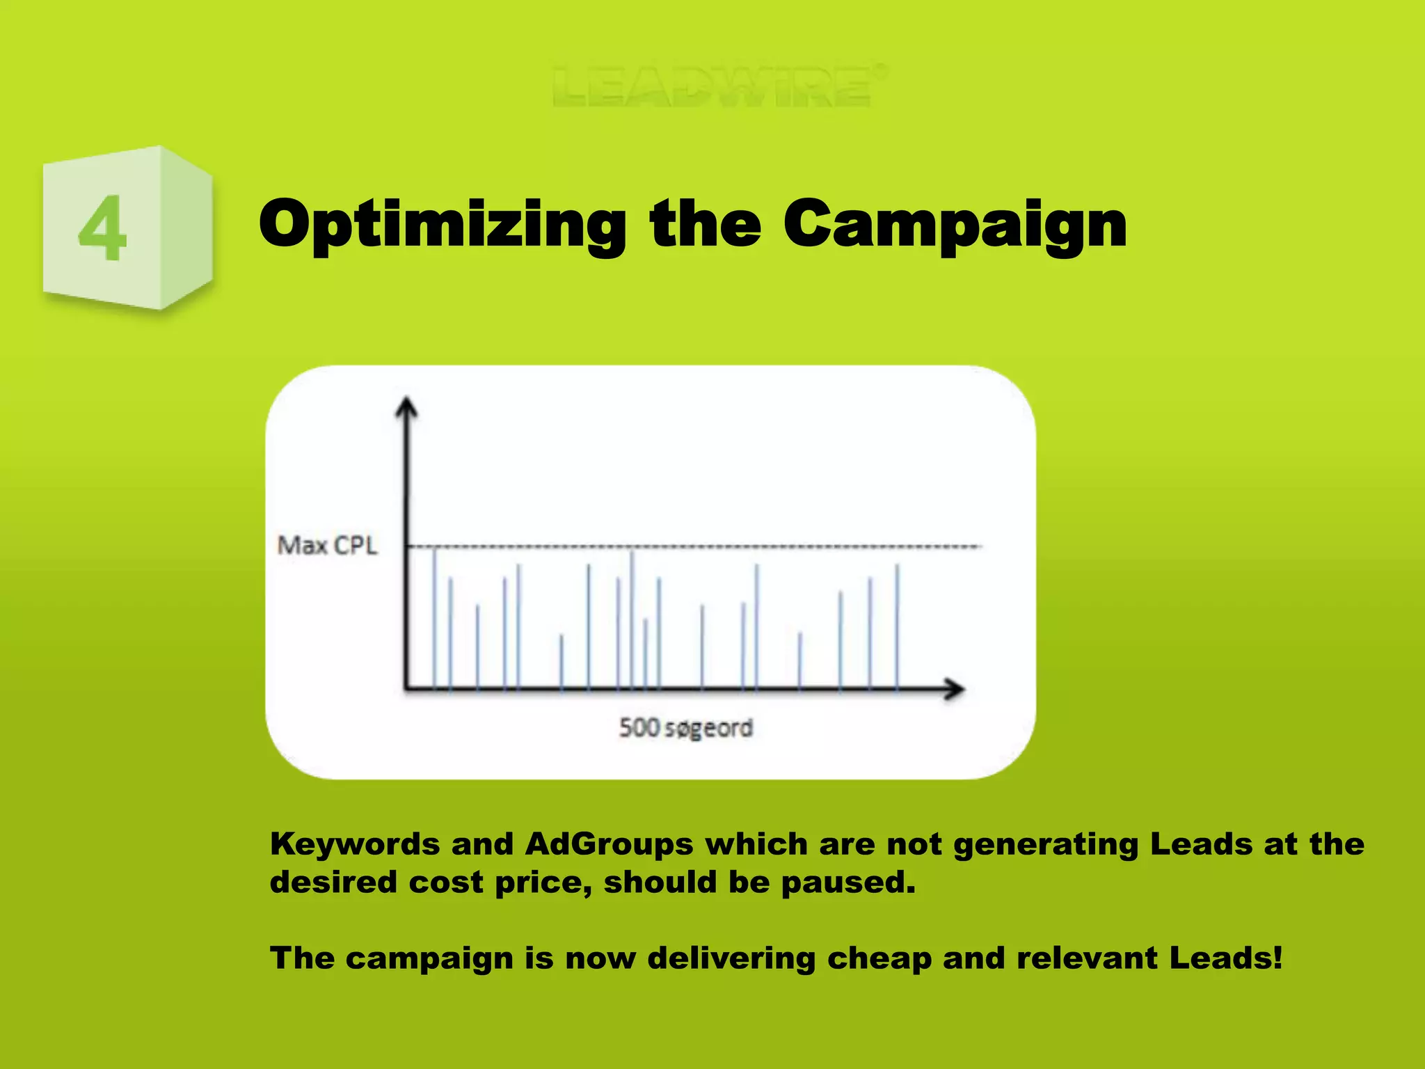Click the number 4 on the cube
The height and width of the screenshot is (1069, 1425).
[103, 228]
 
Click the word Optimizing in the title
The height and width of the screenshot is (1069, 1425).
[442, 224]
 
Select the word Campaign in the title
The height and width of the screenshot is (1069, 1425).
[954, 224]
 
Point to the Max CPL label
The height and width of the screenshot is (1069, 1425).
[327, 545]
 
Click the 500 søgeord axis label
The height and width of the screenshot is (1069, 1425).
[685, 728]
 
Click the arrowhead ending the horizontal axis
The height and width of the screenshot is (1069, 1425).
[954, 689]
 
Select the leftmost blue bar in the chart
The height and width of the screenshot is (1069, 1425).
[434, 619]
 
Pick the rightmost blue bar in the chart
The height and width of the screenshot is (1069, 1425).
[897, 626]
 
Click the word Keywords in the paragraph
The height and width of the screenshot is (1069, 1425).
[354, 844]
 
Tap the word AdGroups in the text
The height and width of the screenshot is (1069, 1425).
[609, 844]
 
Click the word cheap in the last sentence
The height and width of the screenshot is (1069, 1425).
[879, 958]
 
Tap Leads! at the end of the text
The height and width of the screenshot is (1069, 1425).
[1225, 958]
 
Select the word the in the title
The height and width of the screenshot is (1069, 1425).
[704, 224]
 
